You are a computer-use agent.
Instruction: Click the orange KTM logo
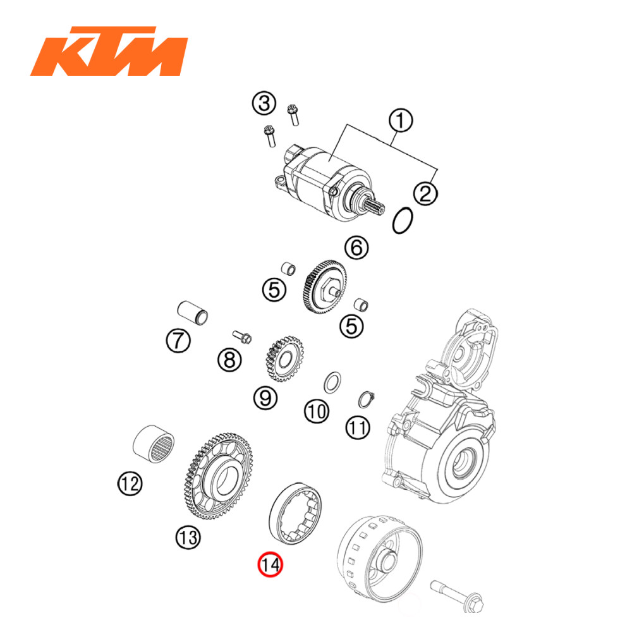coord(109,52)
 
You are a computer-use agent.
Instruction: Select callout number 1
coord(400,121)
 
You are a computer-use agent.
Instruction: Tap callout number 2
coord(425,192)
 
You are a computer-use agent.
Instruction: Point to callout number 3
coord(264,104)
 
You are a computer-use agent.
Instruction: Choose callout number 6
coord(356,248)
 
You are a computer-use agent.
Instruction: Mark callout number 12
coord(130,485)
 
